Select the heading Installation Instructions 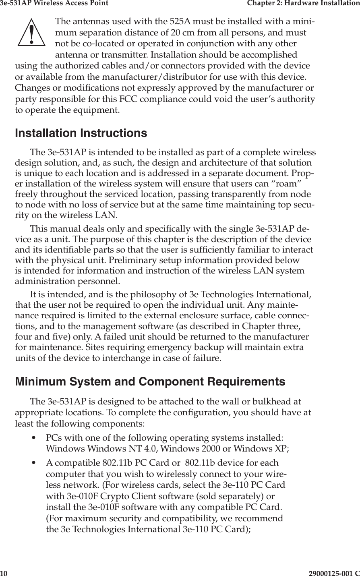coord(81,133)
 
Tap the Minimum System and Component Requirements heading coord(150,381)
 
